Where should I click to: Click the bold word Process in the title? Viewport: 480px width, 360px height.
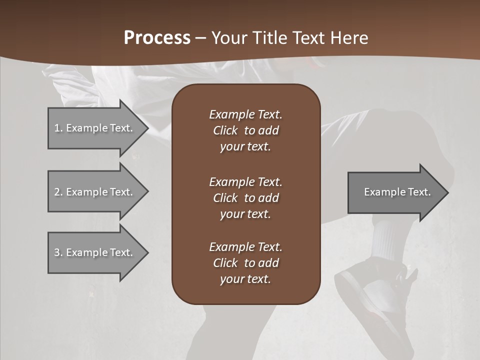[x=157, y=38]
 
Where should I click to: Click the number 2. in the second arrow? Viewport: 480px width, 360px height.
[x=58, y=192]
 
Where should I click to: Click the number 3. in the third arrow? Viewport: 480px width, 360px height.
[x=58, y=252]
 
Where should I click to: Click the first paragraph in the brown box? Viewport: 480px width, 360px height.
[x=245, y=130]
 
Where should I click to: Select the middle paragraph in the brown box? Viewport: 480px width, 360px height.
[x=245, y=198]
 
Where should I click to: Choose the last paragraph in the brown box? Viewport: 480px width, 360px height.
[x=245, y=263]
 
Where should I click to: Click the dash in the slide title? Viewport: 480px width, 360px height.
[x=200, y=38]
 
